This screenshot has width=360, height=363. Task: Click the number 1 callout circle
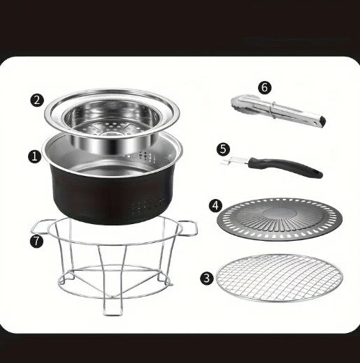pos(35,156)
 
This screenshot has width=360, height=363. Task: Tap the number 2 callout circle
pos(37,101)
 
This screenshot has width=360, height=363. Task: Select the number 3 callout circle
pos(207,278)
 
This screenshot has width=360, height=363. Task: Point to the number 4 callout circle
pos(215,206)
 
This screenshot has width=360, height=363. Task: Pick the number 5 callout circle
pos(223,149)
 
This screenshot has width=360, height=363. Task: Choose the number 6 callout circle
pos(265,88)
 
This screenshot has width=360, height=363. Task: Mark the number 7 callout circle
pos(36,241)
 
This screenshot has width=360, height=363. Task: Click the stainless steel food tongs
pos(278,111)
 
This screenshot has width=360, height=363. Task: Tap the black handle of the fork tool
pos(285,167)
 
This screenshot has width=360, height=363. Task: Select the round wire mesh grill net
pos(280,278)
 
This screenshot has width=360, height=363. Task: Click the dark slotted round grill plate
pos(280,220)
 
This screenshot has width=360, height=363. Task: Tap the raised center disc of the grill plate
pos(280,214)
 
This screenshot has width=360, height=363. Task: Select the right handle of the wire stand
pos(189,228)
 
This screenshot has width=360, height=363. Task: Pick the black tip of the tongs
pos(323,121)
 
